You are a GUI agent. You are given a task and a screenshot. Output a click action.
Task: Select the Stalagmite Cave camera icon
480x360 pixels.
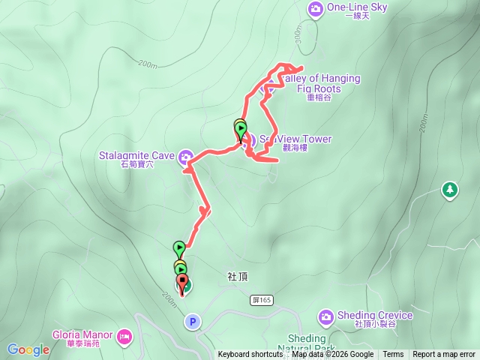coord(184,156)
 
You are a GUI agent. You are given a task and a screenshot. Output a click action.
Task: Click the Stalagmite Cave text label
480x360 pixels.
coord(136,156)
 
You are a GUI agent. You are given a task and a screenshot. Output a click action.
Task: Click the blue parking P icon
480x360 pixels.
coord(193,322)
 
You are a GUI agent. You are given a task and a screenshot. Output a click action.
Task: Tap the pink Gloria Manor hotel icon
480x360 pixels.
coord(124,335)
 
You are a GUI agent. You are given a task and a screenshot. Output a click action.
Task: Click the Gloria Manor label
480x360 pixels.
coord(82,334)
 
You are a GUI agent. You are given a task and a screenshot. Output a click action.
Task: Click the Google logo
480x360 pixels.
coord(28,349)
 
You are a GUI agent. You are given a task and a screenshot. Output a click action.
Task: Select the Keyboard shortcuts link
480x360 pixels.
coord(250,355)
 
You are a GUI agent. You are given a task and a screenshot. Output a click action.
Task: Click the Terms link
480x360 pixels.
coord(393,355)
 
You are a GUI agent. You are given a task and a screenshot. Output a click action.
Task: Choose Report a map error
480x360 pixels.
coord(444,355)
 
